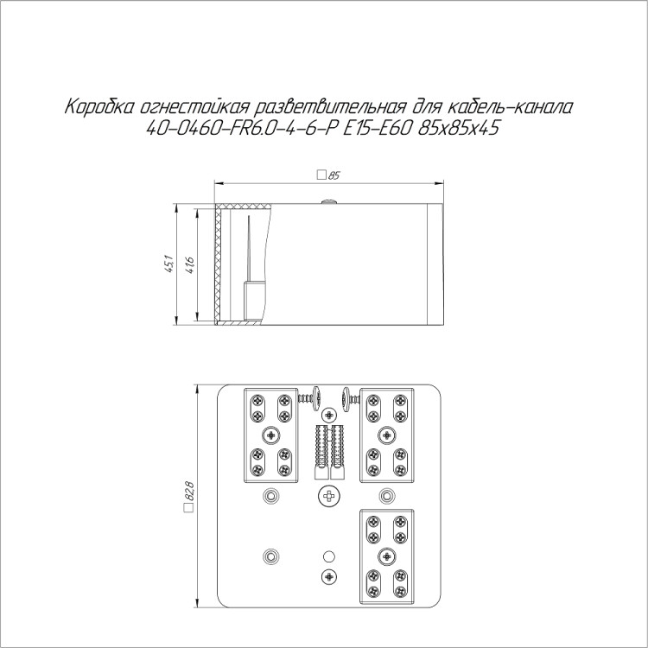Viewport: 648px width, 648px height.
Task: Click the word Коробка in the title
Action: [98, 107]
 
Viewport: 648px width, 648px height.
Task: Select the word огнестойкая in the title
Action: [194, 107]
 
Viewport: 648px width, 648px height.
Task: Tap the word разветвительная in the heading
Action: [328, 107]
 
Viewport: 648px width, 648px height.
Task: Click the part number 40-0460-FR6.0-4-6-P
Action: [238, 129]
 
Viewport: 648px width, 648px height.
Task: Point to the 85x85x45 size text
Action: [458, 129]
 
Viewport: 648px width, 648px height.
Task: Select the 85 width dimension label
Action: [334, 175]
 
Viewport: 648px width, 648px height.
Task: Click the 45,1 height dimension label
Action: [168, 264]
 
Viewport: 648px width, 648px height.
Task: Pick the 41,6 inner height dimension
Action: [189, 265]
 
